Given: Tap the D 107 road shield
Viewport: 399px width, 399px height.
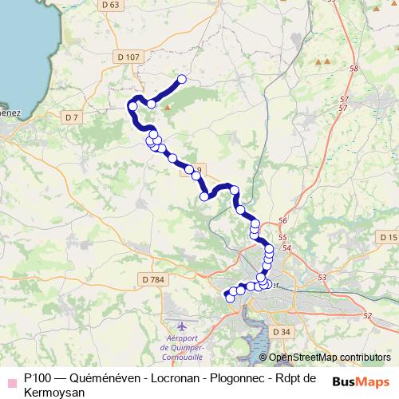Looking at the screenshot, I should click(127, 57).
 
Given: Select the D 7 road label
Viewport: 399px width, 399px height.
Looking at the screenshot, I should click(72, 117).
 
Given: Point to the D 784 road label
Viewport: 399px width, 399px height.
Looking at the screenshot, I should click(151, 279).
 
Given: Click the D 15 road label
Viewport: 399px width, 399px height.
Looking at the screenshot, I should click(388, 238).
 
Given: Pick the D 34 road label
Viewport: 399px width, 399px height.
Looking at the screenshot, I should click(280, 330).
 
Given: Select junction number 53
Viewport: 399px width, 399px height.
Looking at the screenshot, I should click(322, 277).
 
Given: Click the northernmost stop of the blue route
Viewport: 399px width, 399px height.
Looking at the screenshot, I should click(182, 79).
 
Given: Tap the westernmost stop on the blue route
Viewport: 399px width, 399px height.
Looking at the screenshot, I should click(132, 106).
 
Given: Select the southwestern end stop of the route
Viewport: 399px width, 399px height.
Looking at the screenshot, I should click(231, 298).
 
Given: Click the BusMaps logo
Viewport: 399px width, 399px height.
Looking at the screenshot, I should click(360, 381).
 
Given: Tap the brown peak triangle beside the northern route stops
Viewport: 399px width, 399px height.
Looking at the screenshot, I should click(168, 105).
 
